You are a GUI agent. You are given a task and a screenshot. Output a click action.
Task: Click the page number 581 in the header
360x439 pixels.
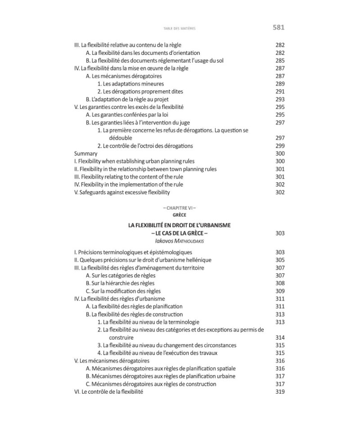click(x=279, y=27)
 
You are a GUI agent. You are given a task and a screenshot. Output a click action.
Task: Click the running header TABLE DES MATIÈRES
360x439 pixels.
click(x=180, y=28)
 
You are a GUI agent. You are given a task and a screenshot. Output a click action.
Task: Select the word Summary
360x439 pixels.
click(x=85, y=153)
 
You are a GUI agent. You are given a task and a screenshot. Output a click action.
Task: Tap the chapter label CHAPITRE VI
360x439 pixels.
click(x=180, y=208)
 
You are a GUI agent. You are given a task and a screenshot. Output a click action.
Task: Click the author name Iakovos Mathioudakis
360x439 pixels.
click(x=180, y=241)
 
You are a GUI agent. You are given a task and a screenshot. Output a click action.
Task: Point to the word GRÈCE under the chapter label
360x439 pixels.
click(x=180, y=215)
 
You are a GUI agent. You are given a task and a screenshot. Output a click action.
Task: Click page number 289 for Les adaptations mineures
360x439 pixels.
click(x=279, y=84)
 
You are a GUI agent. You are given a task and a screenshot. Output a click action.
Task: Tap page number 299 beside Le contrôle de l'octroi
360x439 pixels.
click(x=279, y=146)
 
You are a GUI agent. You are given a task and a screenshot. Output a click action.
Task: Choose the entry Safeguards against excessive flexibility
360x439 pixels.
click(x=122, y=192)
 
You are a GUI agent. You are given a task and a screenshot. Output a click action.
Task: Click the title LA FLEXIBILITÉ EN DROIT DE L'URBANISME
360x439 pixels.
click(x=180, y=225)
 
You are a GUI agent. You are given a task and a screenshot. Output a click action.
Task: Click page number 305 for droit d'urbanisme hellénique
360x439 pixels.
click(x=279, y=260)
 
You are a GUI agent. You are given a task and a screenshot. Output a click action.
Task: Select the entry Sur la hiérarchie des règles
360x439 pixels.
click(x=120, y=283)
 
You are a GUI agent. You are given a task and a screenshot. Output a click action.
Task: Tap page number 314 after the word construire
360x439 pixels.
click(x=279, y=337)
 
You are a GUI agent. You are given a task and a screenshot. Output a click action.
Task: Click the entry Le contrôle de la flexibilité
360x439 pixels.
click(x=108, y=392)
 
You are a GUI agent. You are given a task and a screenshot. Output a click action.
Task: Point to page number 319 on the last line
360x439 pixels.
click(x=279, y=392)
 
